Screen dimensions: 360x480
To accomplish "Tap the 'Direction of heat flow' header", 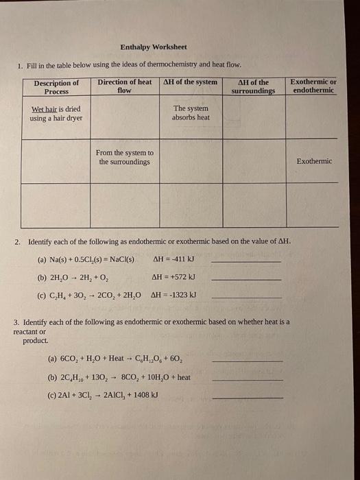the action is click(125, 86).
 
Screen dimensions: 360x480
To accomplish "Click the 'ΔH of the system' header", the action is click(191, 82).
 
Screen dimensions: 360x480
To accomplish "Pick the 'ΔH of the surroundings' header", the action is click(254, 86).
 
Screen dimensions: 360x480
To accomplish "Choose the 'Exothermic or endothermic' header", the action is click(313, 86).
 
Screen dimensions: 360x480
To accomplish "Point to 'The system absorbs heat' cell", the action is click(191, 112).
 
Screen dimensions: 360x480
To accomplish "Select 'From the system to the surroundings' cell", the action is click(125, 157).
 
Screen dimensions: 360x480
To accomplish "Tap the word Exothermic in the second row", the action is click(313, 161).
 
